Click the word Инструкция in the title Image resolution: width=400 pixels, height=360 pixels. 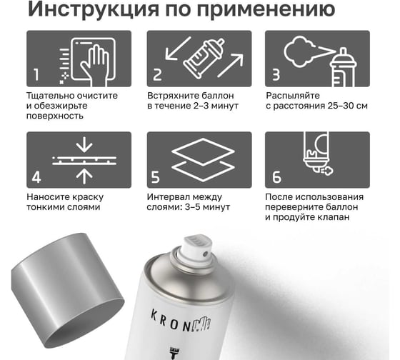(x=94, y=9)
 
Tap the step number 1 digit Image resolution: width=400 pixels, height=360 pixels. (x=36, y=74)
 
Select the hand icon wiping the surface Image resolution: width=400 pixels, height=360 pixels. (x=94, y=65)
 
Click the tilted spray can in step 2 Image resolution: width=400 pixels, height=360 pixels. (x=204, y=58)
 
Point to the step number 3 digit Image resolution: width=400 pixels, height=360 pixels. (x=276, y=74)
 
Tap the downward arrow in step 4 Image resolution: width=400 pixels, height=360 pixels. (x=84, y=144)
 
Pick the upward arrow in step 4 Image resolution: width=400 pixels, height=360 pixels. (x=84, y=176)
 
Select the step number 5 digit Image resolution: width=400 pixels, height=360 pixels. (x=155, y=177)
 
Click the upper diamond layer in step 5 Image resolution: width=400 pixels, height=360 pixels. (x=203, y=151)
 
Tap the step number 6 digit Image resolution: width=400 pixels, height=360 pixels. (x=276, y=177)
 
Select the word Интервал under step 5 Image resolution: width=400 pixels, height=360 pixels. (x=168, y=197)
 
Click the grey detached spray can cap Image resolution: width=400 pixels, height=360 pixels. (x=67, y=290)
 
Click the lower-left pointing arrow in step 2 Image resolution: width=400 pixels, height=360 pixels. (x=178, y=49)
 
